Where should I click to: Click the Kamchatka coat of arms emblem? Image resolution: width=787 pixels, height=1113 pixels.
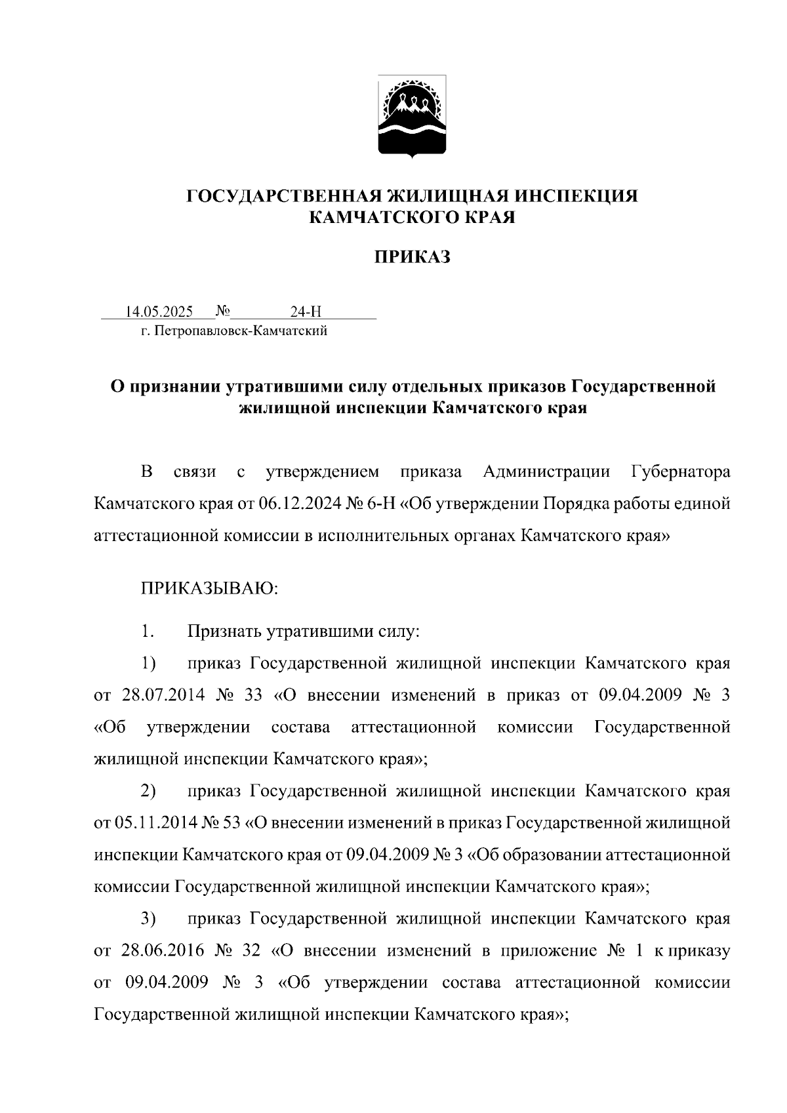[413, 117]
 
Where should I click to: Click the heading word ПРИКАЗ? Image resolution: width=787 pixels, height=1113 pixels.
[412, 258]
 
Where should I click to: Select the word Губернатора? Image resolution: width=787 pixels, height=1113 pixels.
[680, 472]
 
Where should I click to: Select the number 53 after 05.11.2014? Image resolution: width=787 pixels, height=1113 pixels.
[232, 823]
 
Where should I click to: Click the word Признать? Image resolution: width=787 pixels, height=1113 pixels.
[224, 632]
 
